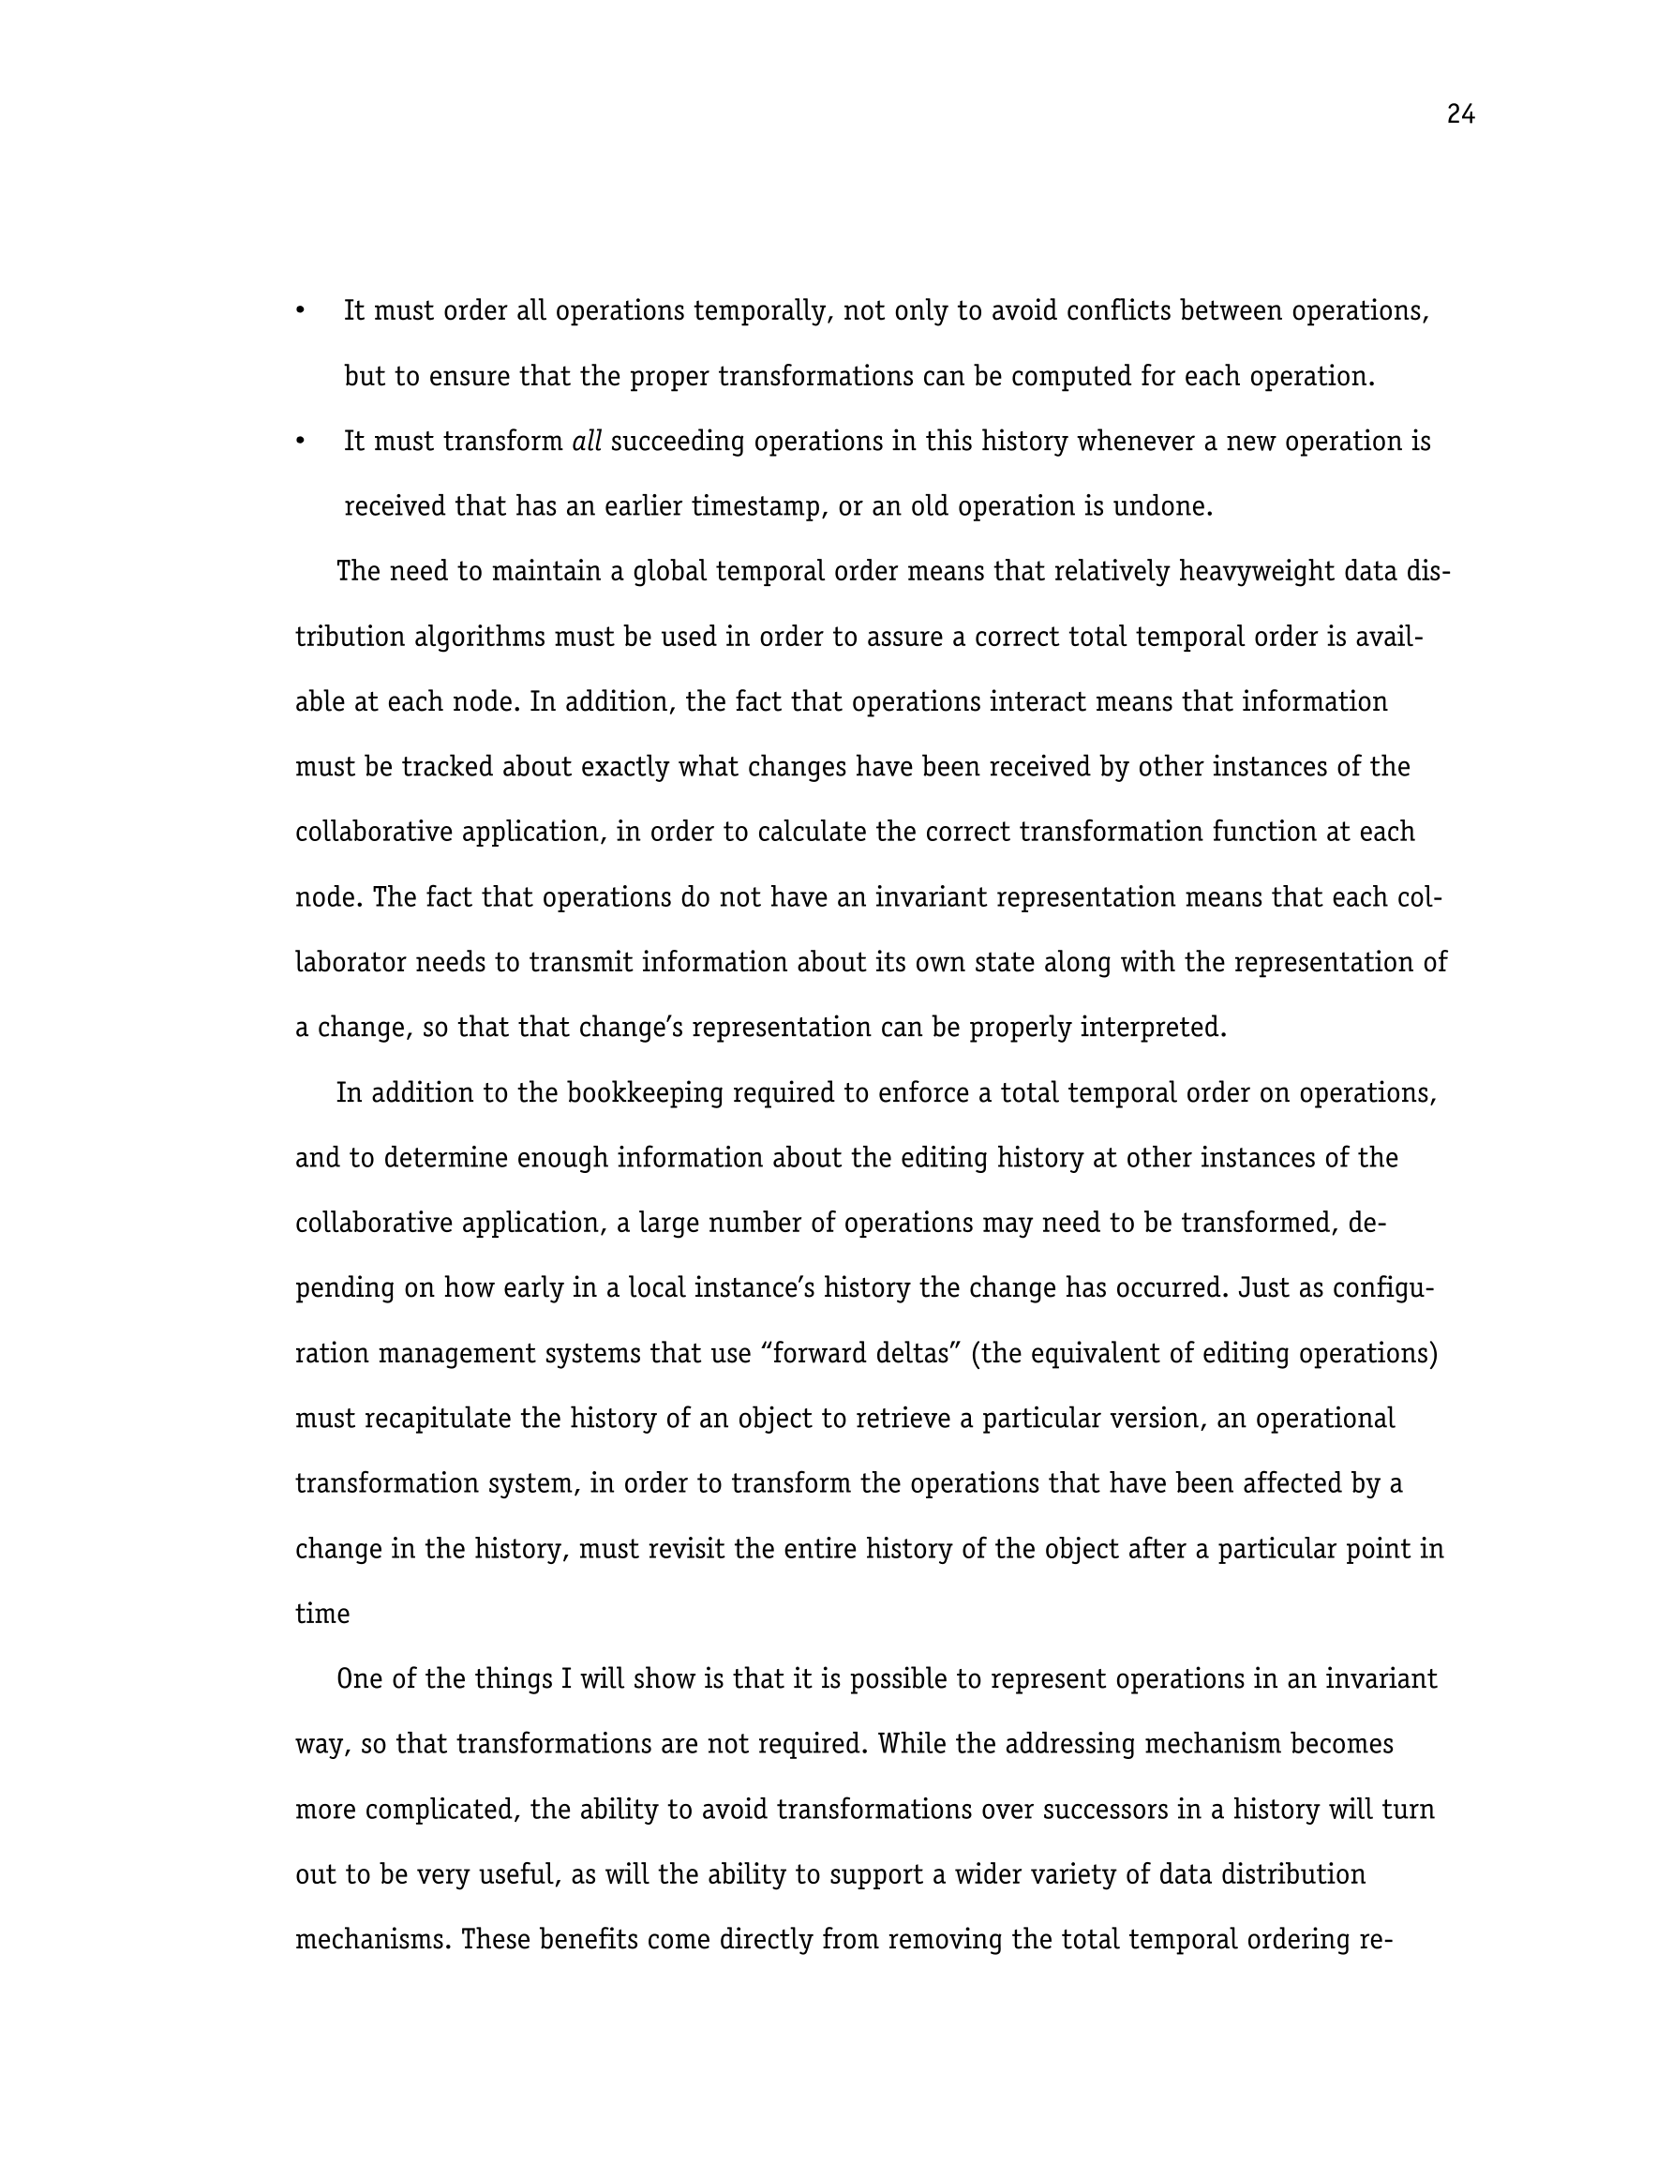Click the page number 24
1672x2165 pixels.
click(1460, 115)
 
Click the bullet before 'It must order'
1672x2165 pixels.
click(300, 311)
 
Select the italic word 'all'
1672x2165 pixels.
click(587, 441)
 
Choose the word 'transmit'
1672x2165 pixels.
click(569, 963)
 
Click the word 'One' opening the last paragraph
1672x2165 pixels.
click(358, 1679)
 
